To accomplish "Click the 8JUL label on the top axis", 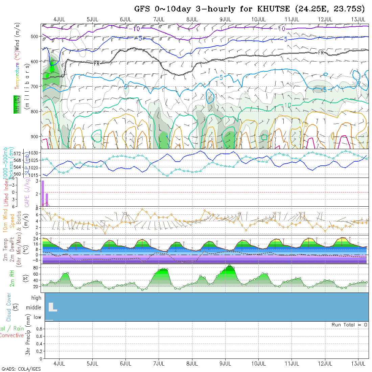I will (192, 19).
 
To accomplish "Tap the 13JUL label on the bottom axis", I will (359, 364).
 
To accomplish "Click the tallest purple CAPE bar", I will (43, 193).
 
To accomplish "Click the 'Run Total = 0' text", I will (349, 325).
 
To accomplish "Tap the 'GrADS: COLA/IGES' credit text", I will (21, 369).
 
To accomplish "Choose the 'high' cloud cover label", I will (36, 298).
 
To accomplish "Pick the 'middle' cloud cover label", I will (34, 308).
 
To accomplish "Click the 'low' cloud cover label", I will (37, 317).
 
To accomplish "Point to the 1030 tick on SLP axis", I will (34, 153).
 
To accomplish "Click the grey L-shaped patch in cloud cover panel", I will (52, 308).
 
